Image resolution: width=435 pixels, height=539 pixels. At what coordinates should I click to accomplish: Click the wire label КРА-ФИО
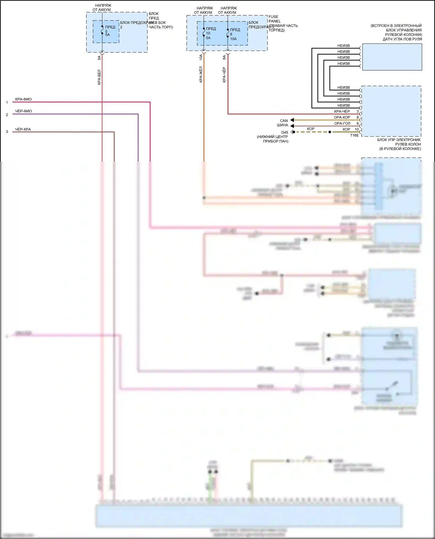pos(23,99)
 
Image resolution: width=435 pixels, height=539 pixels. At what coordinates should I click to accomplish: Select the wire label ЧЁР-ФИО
pos(23,111)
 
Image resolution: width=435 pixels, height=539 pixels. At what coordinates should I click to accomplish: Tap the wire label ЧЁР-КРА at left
pos(23,129)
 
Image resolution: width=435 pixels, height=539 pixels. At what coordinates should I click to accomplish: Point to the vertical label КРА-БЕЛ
pos(99,77)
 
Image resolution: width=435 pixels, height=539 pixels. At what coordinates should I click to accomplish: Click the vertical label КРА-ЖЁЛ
pos(201,74)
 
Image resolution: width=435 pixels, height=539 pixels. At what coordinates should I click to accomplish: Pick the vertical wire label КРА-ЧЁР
pos(224,75)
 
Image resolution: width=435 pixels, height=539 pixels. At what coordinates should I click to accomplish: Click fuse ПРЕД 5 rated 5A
pos(102,30)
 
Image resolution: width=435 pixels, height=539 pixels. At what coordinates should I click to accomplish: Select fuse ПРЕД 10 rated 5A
pos(204,32)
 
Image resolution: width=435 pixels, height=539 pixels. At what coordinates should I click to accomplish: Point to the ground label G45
pos(284,132)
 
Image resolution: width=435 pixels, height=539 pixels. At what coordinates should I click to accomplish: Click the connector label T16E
pos(354,135)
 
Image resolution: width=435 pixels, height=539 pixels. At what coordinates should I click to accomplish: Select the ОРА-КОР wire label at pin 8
pos(342,117)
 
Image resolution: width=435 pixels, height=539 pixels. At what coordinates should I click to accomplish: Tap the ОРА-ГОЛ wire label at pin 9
pos(342,123)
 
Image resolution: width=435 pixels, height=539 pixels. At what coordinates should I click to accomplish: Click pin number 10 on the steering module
pos(357,129)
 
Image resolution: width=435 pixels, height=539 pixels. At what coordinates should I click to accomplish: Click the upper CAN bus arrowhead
pos(292,120)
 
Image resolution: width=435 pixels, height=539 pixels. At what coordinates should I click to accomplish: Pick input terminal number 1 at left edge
pos(7,103)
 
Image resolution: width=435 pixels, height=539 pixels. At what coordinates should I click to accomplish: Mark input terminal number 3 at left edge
pos(7,132)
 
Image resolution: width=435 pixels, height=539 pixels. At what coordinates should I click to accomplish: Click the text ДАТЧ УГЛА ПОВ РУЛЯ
pos(402,39)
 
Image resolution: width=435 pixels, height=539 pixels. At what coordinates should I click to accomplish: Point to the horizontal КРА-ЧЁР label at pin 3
pos(342,112)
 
